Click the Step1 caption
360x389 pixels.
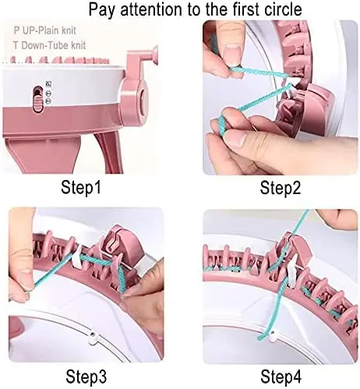click(80, 188)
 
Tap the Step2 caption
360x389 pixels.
click(281, 188)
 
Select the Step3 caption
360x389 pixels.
click(86, 377)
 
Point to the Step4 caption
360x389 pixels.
click(281, 377)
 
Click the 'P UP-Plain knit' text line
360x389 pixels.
click(44, 30)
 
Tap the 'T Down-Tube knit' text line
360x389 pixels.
click(49, 45)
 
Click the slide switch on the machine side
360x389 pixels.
click(38, 99)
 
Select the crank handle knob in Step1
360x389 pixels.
click(155, 53)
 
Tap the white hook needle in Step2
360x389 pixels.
click(292, 86)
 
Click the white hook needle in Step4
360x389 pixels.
click(291, 271)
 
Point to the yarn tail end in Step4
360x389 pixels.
click(260, 338)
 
